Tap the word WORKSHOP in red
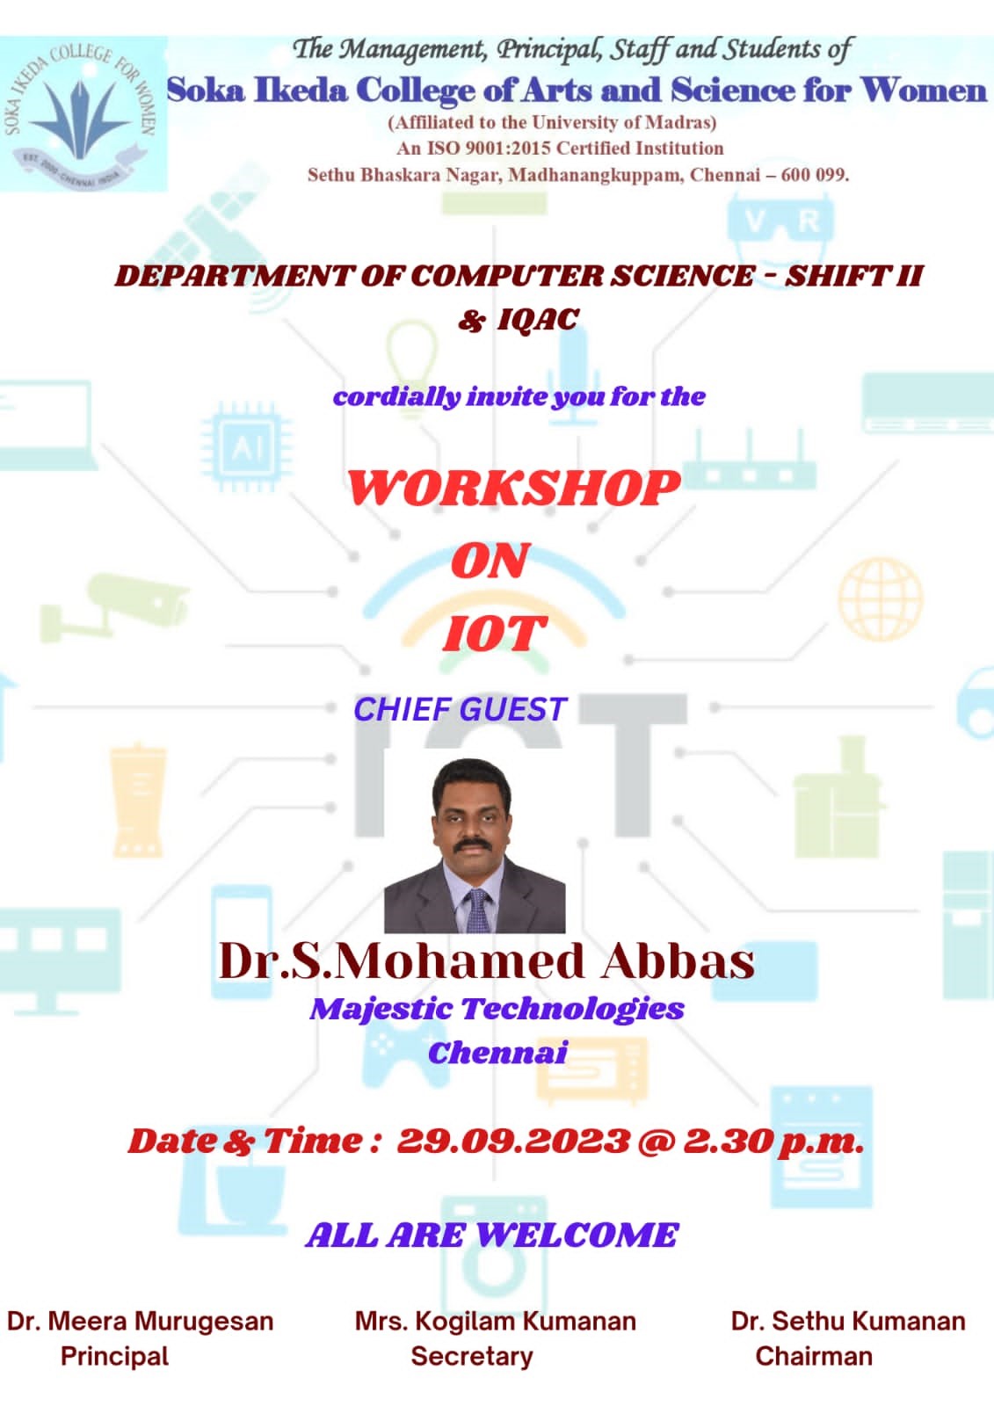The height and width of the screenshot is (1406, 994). (513, 488)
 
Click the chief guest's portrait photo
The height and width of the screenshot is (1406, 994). (475, 846)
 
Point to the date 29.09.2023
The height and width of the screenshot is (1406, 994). (512, 1141)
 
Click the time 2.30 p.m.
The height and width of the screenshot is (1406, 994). (773, 1141)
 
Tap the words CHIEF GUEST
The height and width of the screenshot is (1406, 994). (461, 710)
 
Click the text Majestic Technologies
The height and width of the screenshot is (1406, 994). (497, 1010)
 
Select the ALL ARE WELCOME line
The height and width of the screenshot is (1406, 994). (492, 1235)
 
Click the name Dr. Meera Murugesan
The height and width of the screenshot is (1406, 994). (140, 1321)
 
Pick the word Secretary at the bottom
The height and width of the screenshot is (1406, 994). (472, 1356)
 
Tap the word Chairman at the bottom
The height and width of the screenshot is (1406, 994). (814, 1356)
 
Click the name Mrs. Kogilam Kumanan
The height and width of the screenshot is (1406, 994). (496, 1321)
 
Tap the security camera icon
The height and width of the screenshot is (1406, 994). (114, 607)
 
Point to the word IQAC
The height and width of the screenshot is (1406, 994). (538, 319)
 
